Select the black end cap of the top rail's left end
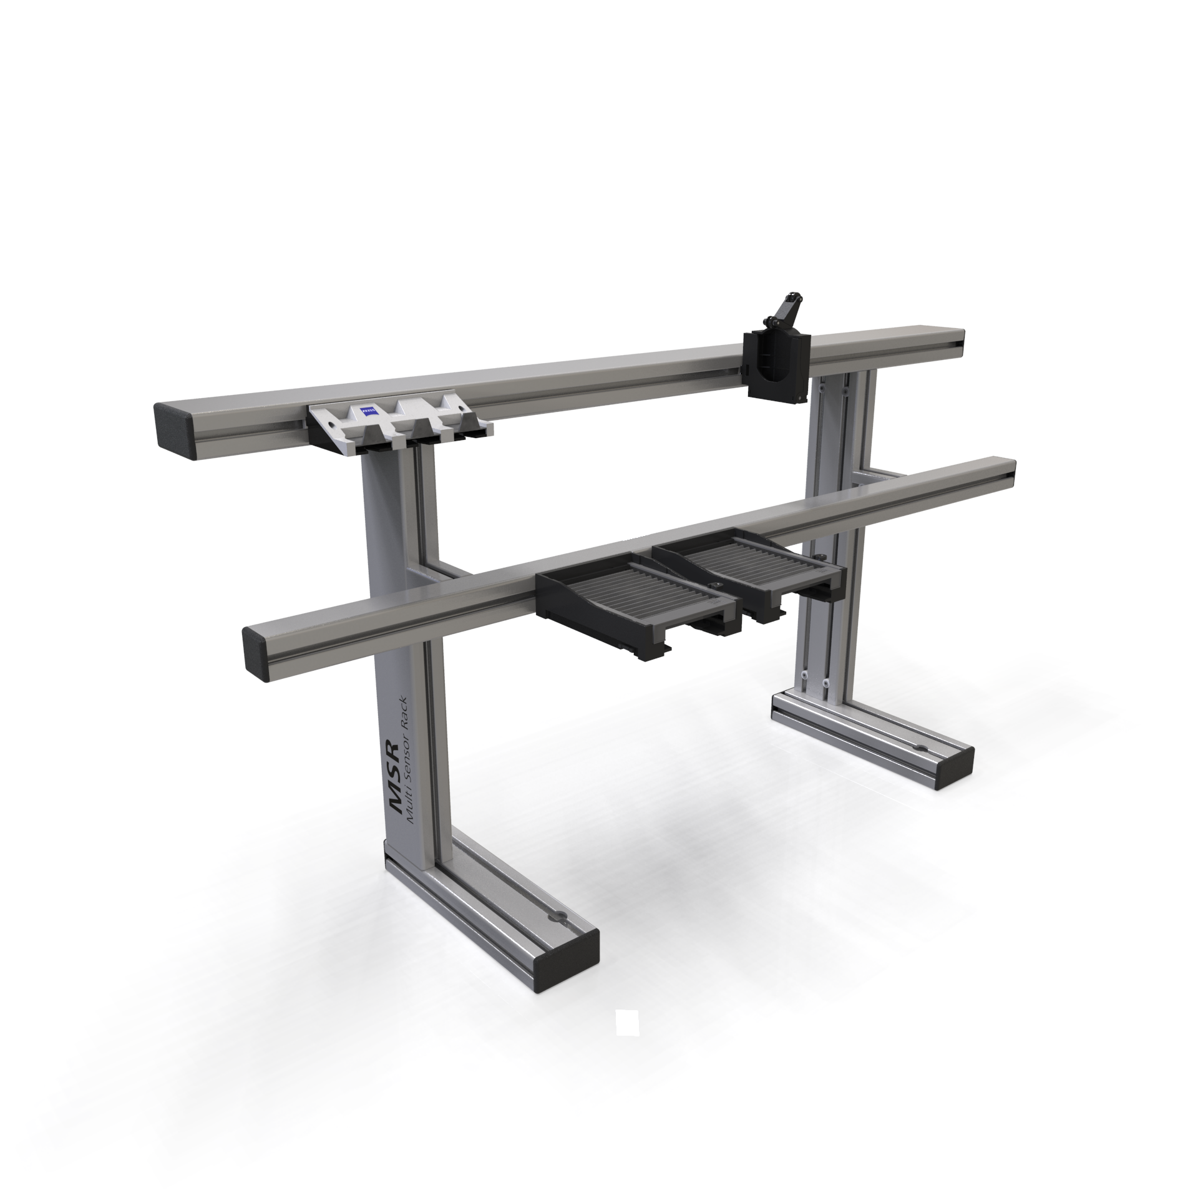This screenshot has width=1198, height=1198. (175, 431)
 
